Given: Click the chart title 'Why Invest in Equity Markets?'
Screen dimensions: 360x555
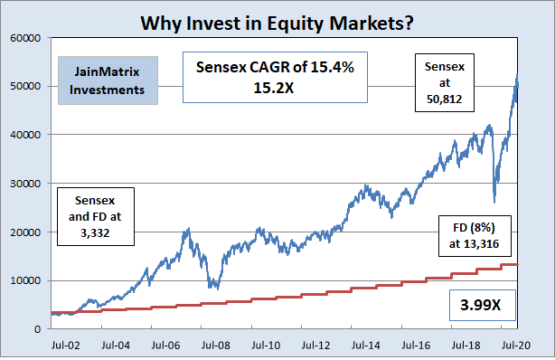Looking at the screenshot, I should coord(277,18).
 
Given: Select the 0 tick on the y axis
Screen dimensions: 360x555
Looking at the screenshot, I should coord(34,329).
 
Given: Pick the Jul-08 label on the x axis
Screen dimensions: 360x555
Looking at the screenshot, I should coord(215,345).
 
